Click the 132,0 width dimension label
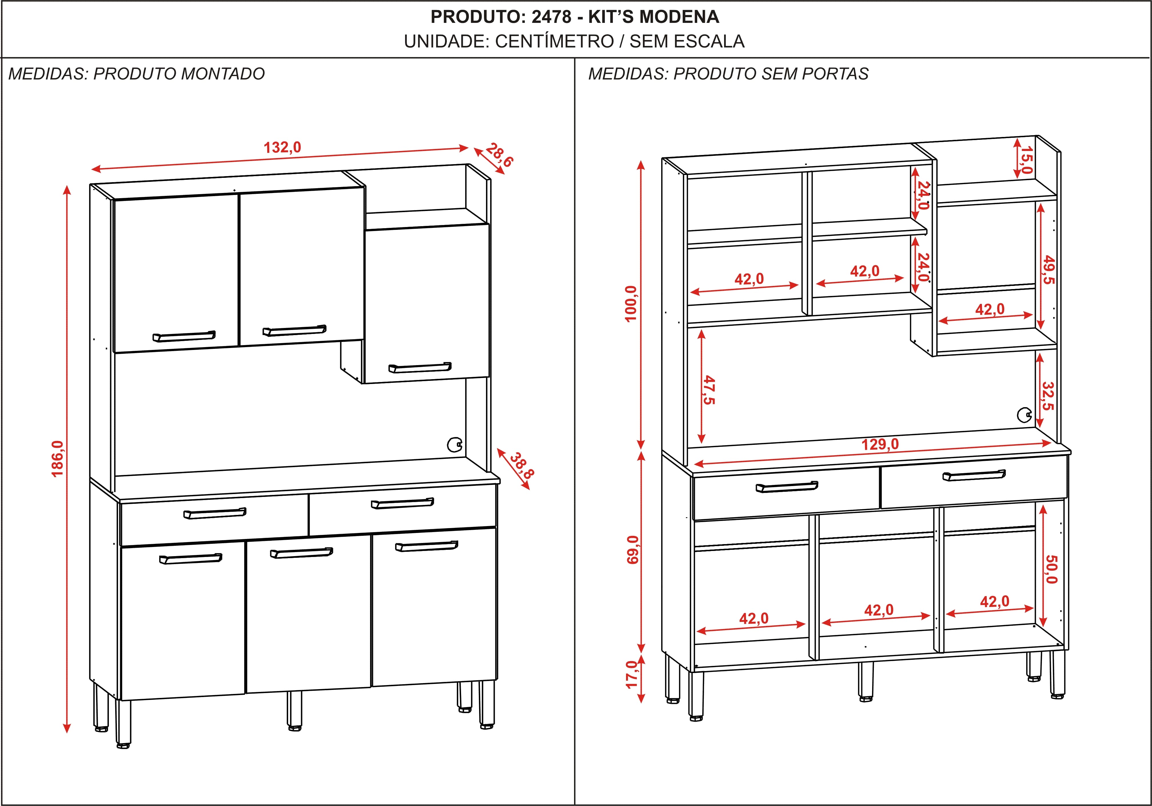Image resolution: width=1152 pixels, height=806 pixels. point(282,148)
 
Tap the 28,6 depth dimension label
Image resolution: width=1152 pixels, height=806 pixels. point(499,155)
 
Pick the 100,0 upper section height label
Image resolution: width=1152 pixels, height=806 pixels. point(631,304)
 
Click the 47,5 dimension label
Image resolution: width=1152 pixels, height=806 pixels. point(709,390)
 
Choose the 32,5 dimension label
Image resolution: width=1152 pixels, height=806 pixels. point(1048,395)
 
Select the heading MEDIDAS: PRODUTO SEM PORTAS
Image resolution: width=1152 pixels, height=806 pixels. point(728,74)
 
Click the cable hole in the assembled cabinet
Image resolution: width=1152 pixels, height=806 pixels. point(455,445)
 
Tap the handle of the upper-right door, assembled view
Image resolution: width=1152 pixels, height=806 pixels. point(420,368)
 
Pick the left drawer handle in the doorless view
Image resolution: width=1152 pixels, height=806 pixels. point(787,487)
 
